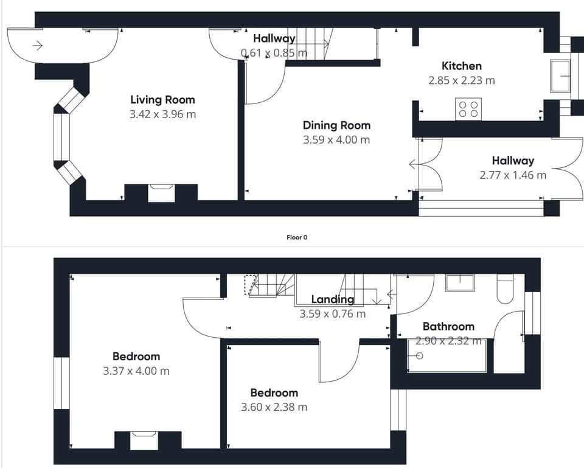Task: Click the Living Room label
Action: point(162,100)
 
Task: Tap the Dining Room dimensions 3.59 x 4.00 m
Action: point(336,140)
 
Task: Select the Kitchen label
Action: point(461,66)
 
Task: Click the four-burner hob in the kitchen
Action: point(468,109)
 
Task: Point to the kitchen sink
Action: point(560,76)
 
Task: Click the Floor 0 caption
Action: point(297,237)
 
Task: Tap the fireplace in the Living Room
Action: point(161,192)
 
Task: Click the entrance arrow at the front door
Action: point(38,45)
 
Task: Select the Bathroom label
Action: point(448,326)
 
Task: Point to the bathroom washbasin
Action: point(459,283)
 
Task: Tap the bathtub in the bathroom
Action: point(447,356)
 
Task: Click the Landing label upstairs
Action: point(332,299)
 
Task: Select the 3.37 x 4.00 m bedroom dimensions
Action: point(136,371)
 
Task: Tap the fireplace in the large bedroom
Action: point(144,440)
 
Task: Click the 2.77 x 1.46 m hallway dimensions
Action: point(512,175)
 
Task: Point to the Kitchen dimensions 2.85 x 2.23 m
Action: point(461,80)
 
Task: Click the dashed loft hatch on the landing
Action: point(250,285)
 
